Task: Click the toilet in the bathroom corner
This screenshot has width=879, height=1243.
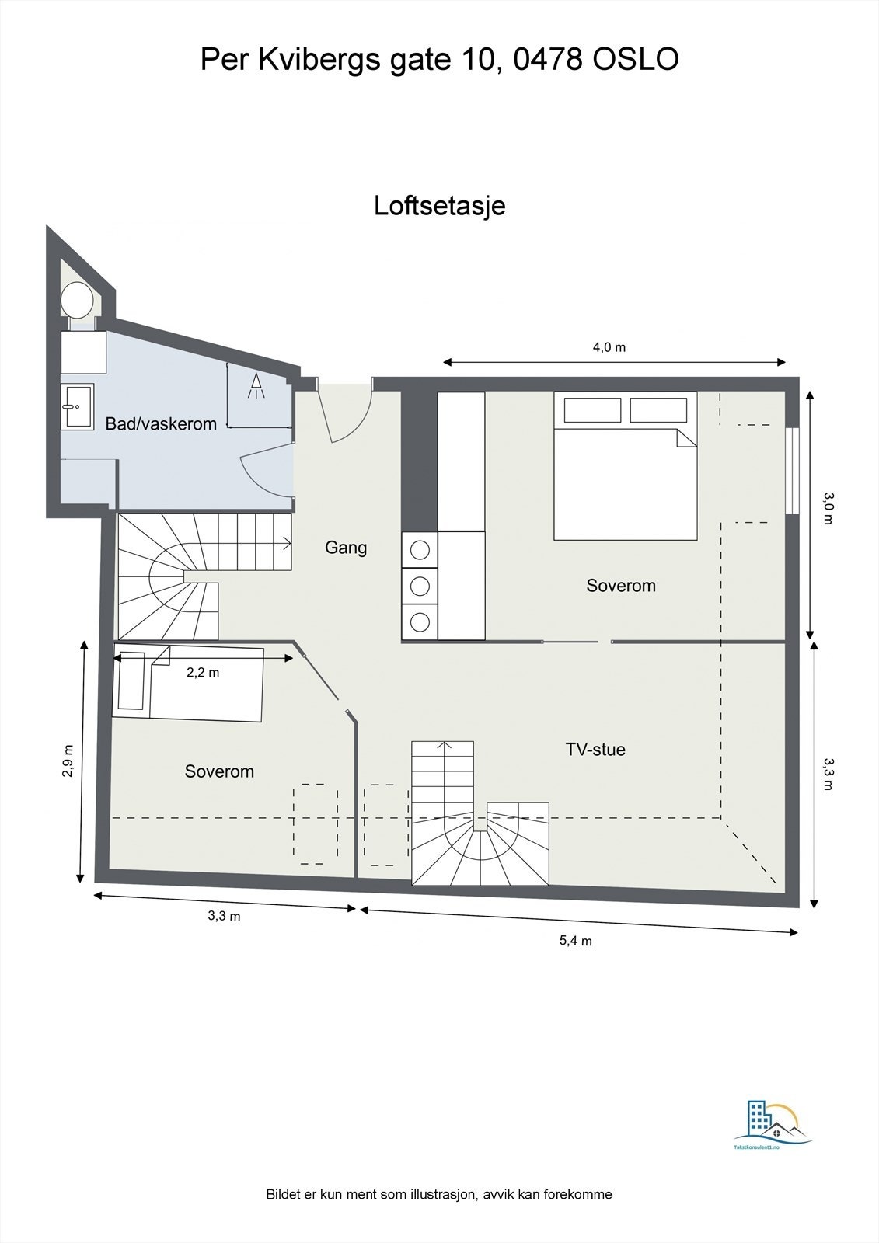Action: click(77, 299)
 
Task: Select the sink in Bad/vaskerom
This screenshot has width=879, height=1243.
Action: click(76, 406)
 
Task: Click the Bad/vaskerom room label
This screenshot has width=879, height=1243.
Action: click(161, 423)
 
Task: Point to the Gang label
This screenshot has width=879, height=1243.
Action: click(346, 548)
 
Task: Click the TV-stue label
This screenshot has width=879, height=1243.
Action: click(595, 750)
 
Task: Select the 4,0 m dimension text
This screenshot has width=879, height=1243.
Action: click(609, 347)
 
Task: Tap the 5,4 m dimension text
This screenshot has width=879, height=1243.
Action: click(576, 941)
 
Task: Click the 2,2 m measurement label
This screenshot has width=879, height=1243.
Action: click(203, 673)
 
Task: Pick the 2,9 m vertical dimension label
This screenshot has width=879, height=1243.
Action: click(68, 761)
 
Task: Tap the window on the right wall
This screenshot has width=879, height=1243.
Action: click(792, 470)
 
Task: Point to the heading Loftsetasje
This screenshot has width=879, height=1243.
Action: click(439, 206)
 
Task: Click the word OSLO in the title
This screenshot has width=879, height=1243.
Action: click(636, 60)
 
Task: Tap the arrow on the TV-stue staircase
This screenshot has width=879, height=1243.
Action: click(444, 746)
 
